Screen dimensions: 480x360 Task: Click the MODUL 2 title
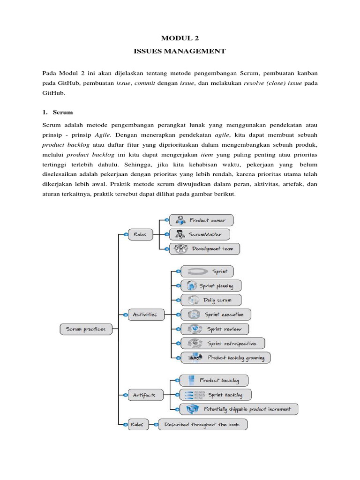180,39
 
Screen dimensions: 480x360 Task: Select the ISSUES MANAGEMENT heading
180,51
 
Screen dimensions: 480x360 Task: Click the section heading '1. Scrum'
58,112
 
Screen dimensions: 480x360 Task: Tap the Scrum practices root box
86,329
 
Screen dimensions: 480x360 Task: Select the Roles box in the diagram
140,234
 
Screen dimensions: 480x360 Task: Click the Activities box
145,314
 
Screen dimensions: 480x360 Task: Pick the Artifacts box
144,395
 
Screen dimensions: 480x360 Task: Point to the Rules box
137,425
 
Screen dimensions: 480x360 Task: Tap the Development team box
204,249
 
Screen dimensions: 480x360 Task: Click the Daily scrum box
205,300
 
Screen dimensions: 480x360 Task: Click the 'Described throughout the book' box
202,425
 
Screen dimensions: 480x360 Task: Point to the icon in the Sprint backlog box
193,395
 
